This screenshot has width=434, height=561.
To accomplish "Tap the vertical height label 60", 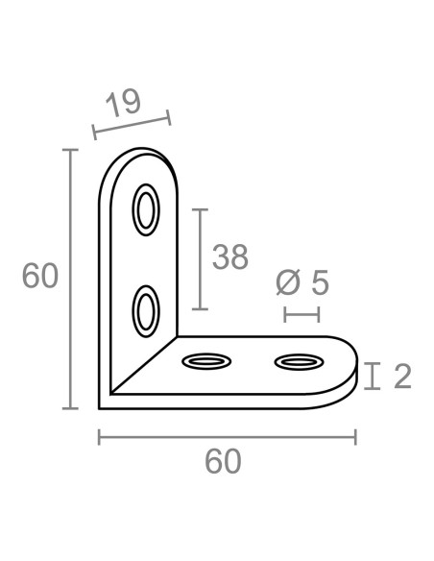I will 40,277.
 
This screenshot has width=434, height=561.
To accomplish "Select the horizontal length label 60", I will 223,461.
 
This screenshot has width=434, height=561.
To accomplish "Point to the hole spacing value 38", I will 229,257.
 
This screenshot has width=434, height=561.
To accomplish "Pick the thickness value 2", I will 402,376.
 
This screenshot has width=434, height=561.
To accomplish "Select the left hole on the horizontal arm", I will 206,362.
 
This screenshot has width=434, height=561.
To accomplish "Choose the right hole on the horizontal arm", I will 299,362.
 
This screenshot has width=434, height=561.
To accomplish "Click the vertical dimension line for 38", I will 199,259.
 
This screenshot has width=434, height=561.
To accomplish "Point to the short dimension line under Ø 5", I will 301,314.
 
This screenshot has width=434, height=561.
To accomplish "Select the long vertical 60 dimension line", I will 69,279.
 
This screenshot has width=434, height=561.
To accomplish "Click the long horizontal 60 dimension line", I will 228,438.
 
